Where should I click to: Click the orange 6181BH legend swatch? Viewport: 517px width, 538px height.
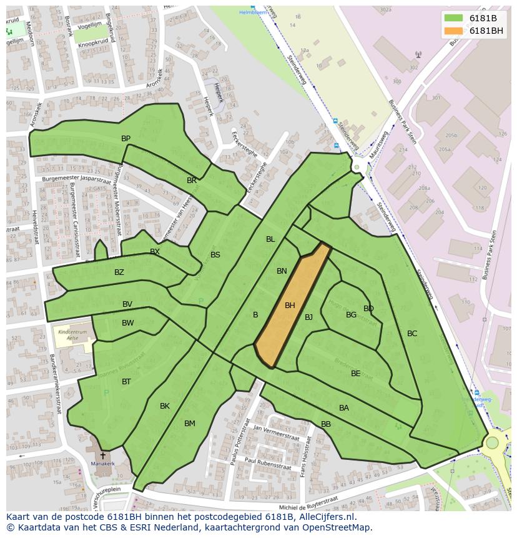454,31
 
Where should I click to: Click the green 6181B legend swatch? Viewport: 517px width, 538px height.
454,18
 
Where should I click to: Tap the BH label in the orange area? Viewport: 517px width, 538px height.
290,306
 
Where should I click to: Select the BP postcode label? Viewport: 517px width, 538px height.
126,139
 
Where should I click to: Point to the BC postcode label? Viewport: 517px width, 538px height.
412,334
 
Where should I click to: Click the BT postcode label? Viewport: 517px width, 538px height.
126,382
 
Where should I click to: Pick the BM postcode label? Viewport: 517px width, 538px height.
190,424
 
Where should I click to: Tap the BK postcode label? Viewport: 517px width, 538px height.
165,406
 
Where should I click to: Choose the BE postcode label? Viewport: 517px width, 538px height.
356,374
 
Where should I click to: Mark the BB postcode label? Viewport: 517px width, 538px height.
326,424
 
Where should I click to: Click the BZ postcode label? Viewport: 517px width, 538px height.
119,272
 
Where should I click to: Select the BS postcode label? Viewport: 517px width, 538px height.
215,255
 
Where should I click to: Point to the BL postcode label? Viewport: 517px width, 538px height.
270,239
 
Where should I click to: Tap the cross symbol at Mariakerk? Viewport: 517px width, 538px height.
102,456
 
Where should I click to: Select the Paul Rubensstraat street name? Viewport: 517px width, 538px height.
268,464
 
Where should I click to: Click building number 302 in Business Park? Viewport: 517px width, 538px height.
413,67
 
